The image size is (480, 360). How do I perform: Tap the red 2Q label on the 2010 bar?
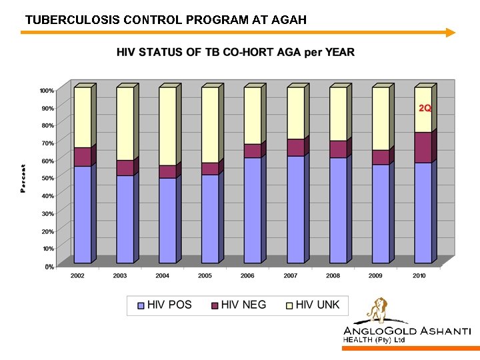pyautogui.click(x=424, y=108)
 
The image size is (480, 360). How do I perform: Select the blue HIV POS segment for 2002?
pyautogui.click(x=83, y=213)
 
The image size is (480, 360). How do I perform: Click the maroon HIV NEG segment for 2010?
pyautogui.click(x=423, y=147)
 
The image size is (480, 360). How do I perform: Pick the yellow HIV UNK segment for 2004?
pyautogui.click(x=167, y=127)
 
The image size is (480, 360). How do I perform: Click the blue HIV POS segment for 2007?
pyautogui.click(x=295, y=209)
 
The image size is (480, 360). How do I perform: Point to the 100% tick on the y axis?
pyautogui.click(x=47, y=90)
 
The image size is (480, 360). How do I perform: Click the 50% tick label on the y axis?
pyautogui.click(x=47, y=178)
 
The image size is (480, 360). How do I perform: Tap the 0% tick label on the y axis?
pyautogui.click(x=49, y=267)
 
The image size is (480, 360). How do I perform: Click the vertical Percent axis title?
pyautogui.click(x=24, y=179)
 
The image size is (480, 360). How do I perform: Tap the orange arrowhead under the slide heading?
pyautogui.click(x=451, y=32)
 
